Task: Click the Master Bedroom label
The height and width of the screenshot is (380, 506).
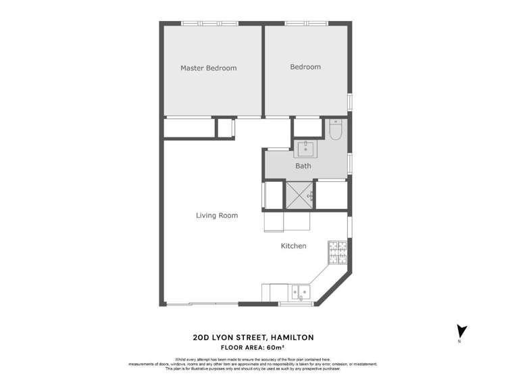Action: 208,68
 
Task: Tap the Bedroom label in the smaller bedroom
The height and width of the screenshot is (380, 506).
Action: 305,67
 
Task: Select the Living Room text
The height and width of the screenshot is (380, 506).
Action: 217,216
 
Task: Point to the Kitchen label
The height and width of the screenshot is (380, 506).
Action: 293,246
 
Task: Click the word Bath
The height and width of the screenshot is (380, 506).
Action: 303,166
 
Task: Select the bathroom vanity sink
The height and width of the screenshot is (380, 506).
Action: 307,148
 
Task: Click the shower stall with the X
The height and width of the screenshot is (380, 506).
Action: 300,195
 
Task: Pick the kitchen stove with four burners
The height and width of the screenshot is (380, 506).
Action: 337,254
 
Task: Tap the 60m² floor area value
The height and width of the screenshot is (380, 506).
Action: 285,347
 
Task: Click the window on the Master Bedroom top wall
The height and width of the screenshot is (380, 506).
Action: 210,24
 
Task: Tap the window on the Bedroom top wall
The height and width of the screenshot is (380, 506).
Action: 306,24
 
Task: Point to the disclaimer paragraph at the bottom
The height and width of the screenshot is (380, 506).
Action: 253,364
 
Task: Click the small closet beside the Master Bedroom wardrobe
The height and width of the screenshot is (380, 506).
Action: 225,128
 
